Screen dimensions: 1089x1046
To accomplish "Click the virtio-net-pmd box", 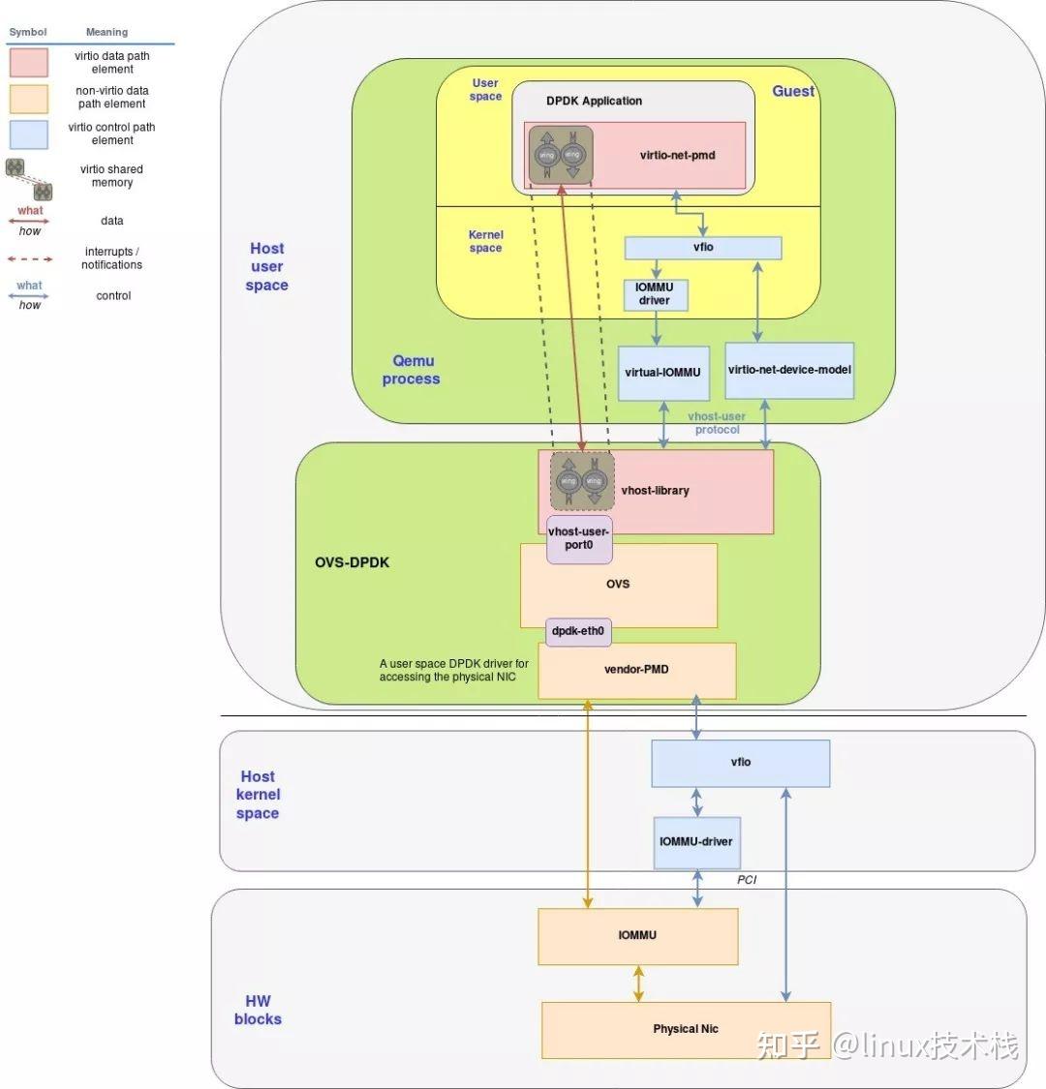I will (677, 155).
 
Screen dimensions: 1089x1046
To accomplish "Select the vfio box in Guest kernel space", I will (702, 248).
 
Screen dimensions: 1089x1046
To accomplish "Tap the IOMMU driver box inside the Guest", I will (655, 294).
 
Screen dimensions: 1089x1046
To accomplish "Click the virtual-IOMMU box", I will (662, 373).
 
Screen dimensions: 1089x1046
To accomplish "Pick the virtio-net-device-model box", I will (789, 370).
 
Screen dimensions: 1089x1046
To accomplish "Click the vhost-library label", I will (656, 491).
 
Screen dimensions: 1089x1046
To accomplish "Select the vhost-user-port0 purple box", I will (579, 538).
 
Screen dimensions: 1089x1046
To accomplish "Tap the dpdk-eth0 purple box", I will (578, 631).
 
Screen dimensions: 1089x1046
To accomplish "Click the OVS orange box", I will (618, 585).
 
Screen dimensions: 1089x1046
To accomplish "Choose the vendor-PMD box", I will (636, 670).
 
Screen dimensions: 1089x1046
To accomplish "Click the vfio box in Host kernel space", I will (740, 763).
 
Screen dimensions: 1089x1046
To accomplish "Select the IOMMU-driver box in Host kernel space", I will (695, 842).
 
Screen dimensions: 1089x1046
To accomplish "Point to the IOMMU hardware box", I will (637, 935).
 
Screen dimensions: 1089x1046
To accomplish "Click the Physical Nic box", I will (686, 1029).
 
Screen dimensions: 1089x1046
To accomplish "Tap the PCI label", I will (747, 880).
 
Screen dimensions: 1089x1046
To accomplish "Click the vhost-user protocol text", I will (717, 423).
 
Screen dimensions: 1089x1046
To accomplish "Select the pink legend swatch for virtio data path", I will (28, 63).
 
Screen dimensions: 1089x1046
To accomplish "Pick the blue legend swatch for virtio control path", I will (28, 135).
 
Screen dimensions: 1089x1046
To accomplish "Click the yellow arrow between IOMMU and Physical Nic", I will (638, 983).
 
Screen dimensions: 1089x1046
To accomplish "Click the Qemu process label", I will (412, 370).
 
